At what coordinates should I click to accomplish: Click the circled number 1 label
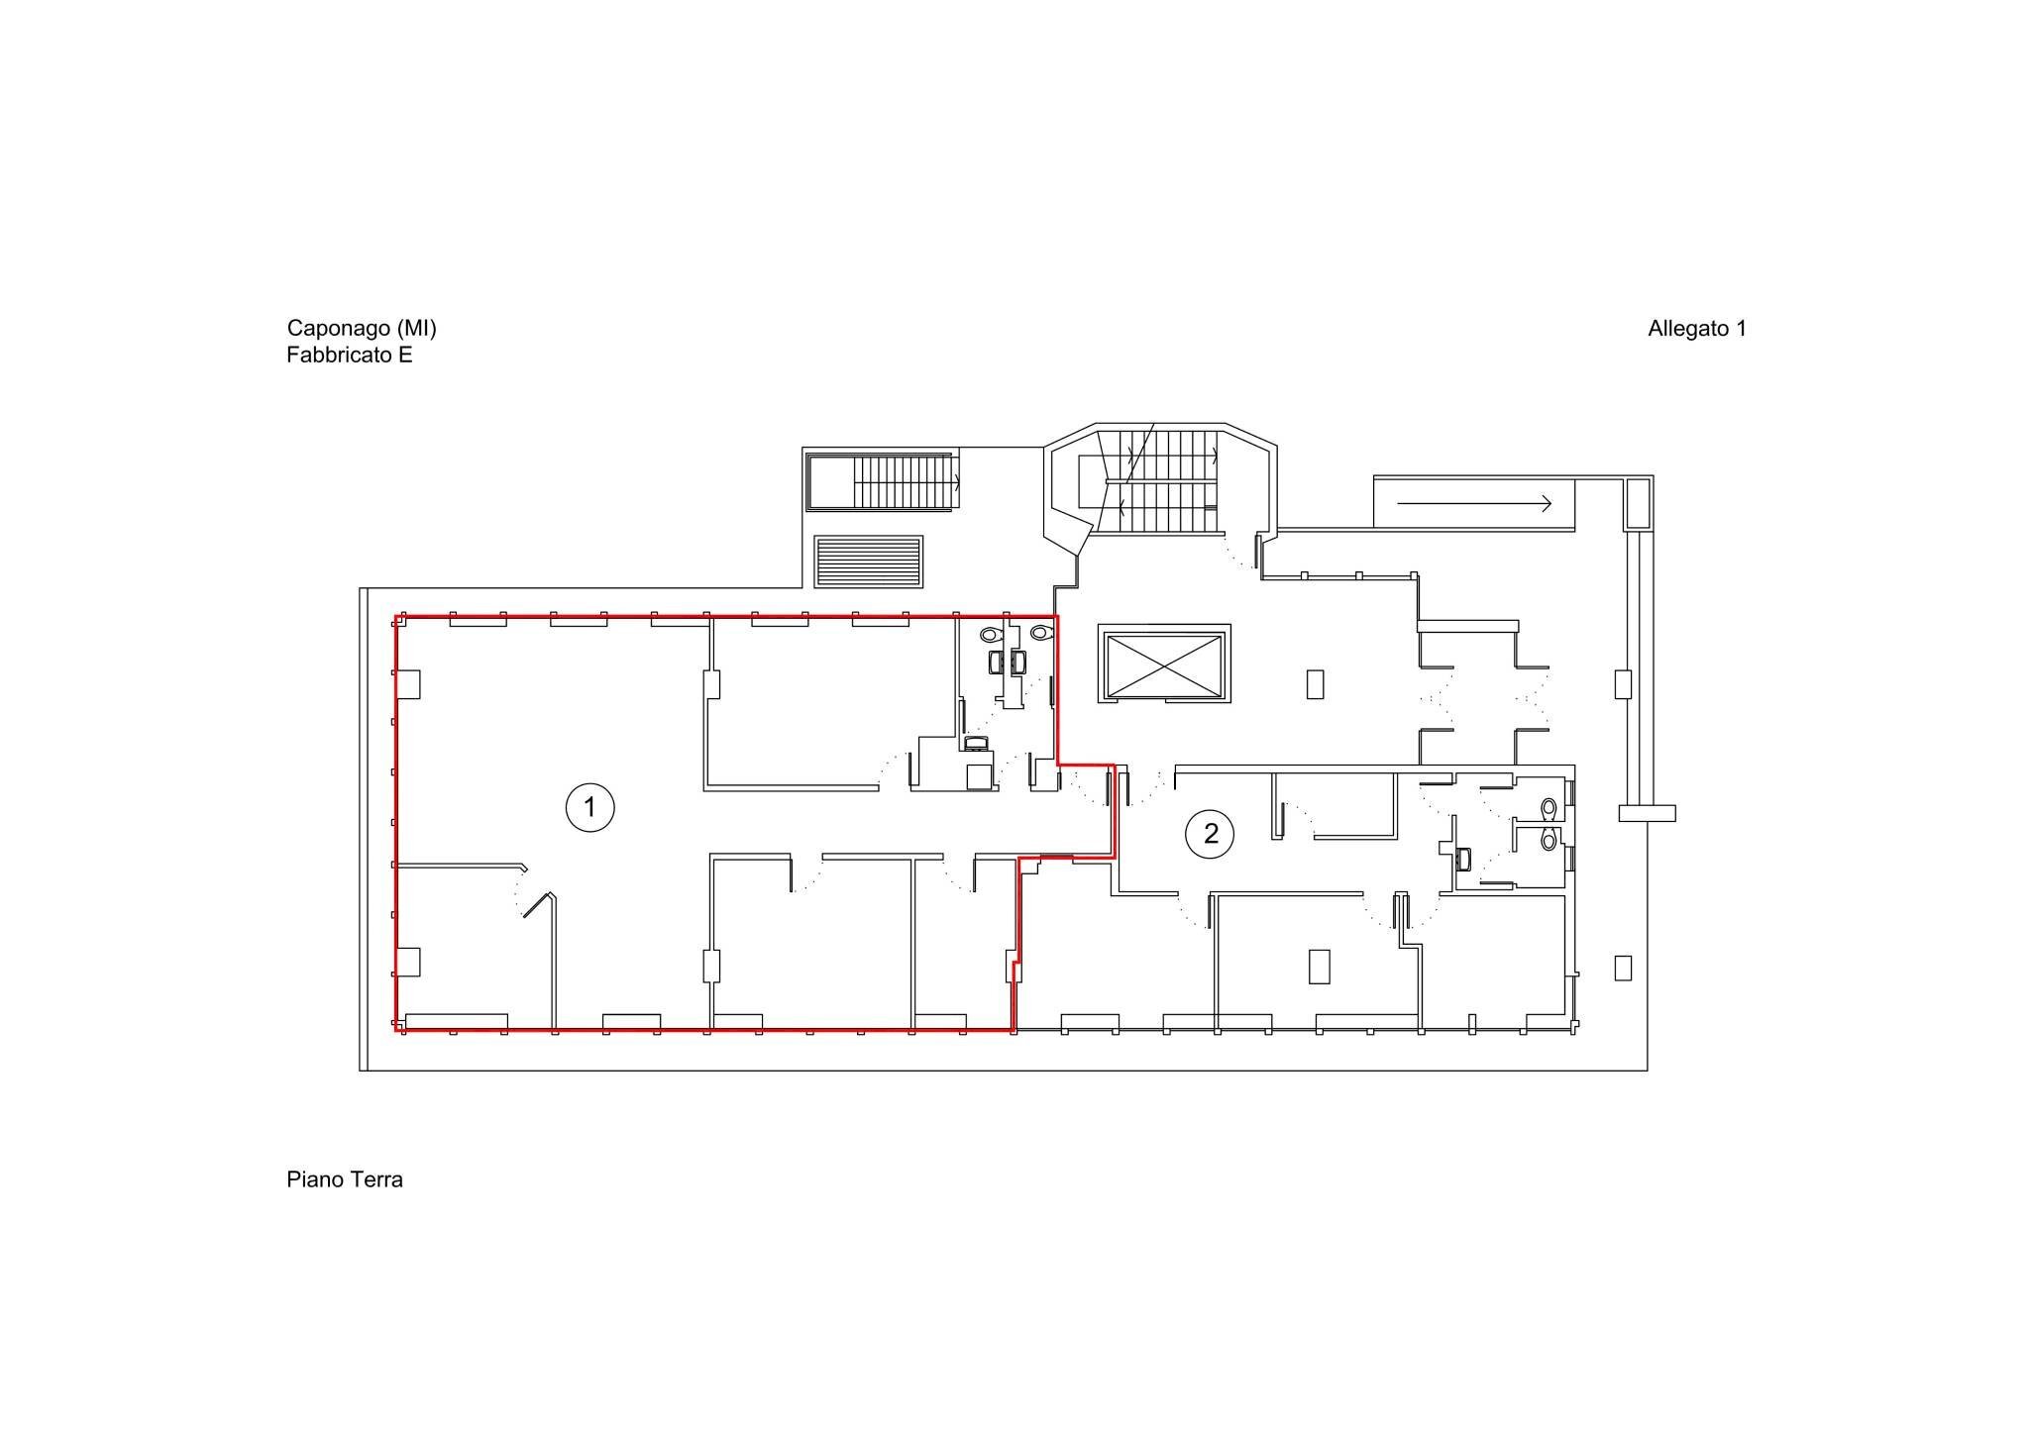point(589,807)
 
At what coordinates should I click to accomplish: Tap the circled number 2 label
point(1210,834)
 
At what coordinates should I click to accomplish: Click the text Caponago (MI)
point(362,328)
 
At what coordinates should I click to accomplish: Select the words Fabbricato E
point(350,355)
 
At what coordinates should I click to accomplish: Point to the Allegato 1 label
point(1696,329)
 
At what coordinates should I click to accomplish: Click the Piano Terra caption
point(345,1179)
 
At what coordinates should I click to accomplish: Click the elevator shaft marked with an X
point(1164,664)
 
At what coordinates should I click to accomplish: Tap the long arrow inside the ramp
point(1473,504)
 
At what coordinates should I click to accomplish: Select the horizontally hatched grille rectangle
point(868,563)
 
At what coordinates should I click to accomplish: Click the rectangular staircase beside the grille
point(882,482)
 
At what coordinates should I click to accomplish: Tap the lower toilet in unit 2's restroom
point(1548,840)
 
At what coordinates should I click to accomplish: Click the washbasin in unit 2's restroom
point(1463,859)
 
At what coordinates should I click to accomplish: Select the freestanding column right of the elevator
point(1315,684)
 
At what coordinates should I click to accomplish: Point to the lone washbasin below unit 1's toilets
point(976,743)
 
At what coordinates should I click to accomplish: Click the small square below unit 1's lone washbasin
point(980,770)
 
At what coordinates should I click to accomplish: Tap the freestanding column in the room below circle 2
point(1319,966)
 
